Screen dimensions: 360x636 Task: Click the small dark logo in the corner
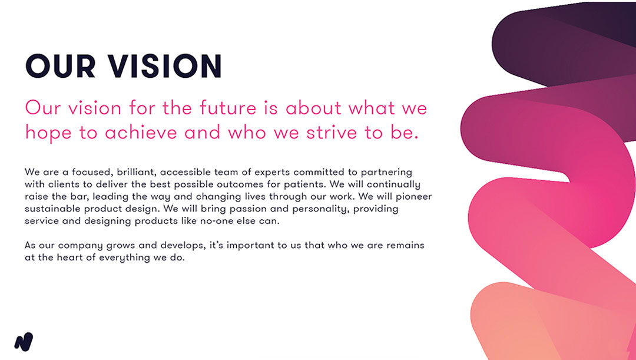pos(24,342)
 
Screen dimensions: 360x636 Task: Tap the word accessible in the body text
pos(186,172)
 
